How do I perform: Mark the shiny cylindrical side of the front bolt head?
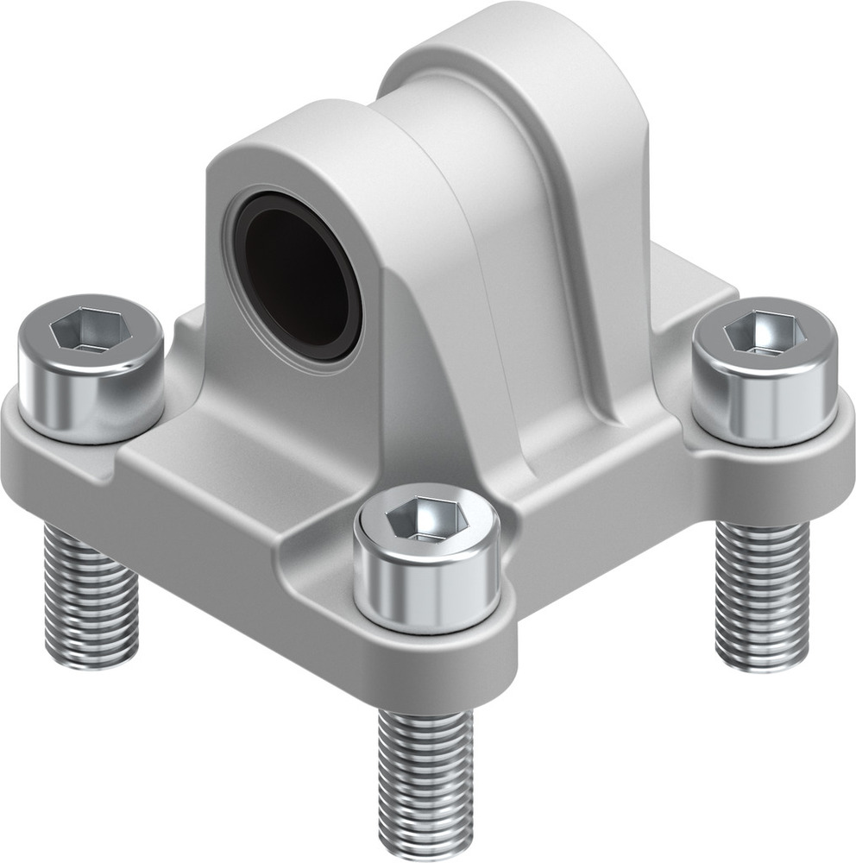(x=427, y=587)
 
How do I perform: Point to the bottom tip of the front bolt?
(x=425, y=850)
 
